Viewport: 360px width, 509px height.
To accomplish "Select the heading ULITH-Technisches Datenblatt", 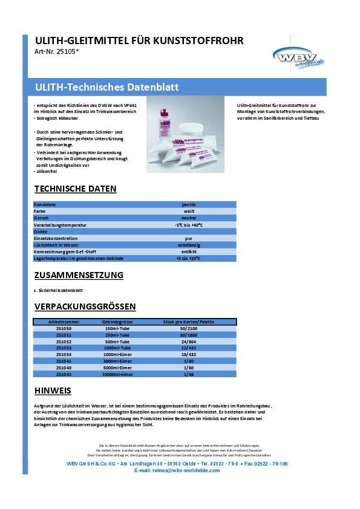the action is tap(107, 87).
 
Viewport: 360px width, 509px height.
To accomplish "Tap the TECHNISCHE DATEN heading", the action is tap(76, 189).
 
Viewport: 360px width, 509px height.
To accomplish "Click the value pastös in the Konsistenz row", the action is tap(189, 205).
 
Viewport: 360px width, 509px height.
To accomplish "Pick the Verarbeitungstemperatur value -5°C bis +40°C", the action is tap(189, 224).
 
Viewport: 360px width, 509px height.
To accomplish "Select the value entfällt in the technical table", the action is tap(189, 251).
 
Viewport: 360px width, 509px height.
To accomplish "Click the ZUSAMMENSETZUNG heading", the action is tap(79, 275).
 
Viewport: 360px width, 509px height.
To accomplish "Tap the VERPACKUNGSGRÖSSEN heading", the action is tap(85, 306).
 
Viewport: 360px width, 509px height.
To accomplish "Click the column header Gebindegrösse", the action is tap(117, 322).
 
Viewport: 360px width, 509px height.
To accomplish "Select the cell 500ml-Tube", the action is tap(117, 342).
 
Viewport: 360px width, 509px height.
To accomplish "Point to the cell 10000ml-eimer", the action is tap(117, 374).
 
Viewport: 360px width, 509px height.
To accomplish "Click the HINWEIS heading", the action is tap(53, 390).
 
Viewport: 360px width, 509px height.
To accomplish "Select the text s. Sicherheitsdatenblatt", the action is tap(58, 290).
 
